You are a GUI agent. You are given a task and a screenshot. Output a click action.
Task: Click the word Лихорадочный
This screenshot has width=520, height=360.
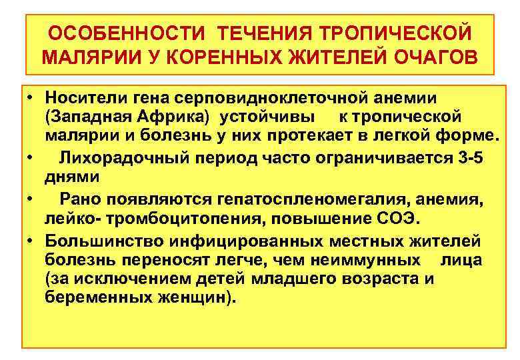[x=123, y=159]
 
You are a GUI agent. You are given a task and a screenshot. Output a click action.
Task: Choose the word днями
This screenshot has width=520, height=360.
[x=73, y=178]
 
